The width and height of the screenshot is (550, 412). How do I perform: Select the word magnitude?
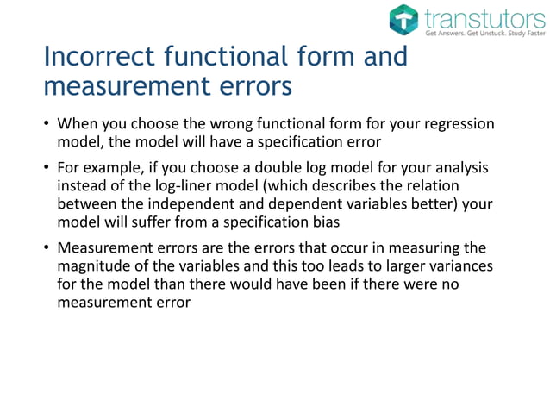93,269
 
